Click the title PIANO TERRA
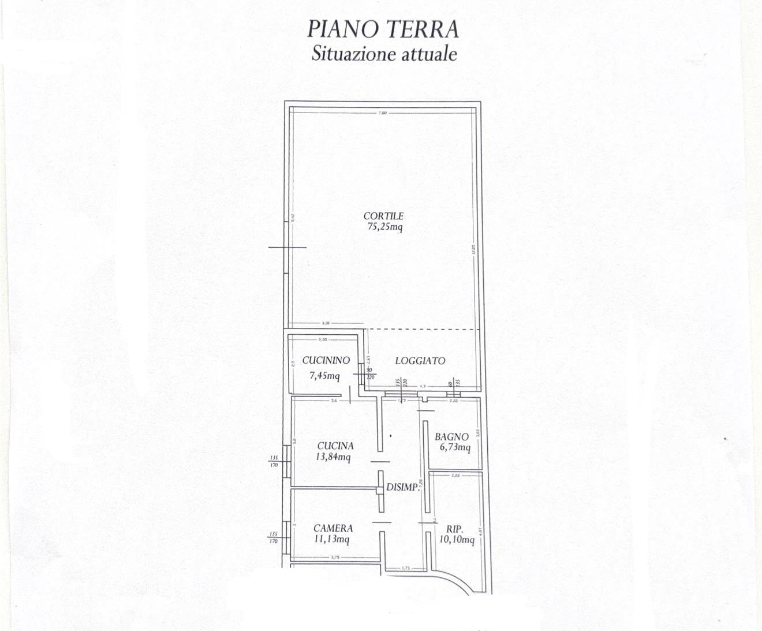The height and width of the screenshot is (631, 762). [383, 29]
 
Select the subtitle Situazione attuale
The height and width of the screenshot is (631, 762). [384, 54]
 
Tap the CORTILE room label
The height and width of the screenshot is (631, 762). [383, 216]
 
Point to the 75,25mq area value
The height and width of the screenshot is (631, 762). [384, 227]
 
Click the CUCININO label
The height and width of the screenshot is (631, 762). [326, 360]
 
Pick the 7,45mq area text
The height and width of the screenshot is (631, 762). [324, 375]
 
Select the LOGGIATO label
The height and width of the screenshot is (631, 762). [420, 361]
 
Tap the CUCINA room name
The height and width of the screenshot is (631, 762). [335, 446]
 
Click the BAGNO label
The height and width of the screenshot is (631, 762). [451, 437]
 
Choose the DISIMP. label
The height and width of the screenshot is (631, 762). [402, 487]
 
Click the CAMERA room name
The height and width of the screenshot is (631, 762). [333, 528]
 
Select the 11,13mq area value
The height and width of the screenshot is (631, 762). [331, 539]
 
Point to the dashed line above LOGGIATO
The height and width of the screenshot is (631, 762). [424, 330]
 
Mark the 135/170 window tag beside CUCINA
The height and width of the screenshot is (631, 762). [274, 461]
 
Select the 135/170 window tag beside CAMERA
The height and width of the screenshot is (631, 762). [274, 537]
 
